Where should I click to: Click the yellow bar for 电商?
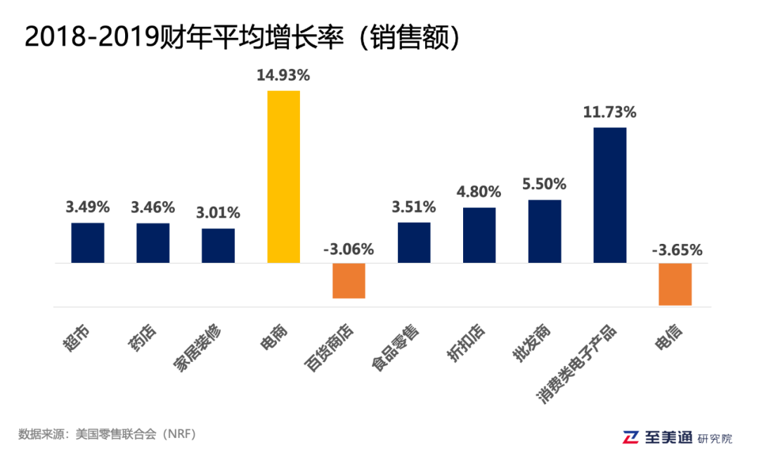coord(283,176)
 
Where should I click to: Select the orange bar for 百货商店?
coord(349,280)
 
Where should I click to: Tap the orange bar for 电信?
coord(675,284)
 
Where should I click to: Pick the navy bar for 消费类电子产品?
coord(610,195)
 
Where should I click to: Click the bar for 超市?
coord(88,242)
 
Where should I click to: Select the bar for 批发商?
coord(545,231)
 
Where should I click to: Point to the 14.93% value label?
coord(283,75)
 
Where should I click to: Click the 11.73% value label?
coord(609,112)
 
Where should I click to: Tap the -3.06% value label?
coord(349,249)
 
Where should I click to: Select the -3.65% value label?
coord(675,249)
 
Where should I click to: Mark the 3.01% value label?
coord(218,212)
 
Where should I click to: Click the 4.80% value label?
coord(479,191)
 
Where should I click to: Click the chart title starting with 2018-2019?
coord(242,37)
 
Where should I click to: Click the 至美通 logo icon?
coord(632,437)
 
